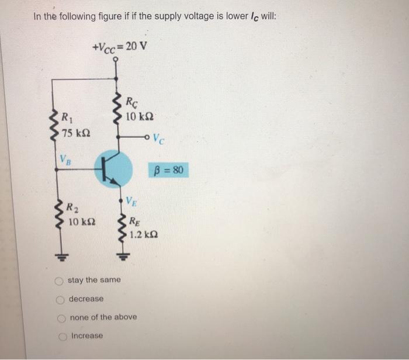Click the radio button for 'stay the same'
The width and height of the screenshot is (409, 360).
(x=59, y=281)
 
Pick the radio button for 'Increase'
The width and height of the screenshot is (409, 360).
(x=63, y=336)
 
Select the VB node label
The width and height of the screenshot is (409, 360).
(x=66, y=159)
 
